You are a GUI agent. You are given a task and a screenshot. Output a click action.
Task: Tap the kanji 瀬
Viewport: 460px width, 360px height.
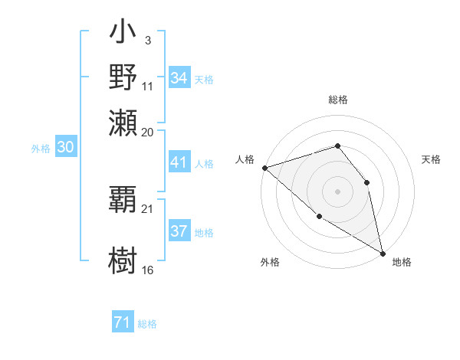pos(123,122)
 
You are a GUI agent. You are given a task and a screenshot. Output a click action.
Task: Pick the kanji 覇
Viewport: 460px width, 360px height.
pos(123,202)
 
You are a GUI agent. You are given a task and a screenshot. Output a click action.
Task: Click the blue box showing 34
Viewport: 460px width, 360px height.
pos(179,78)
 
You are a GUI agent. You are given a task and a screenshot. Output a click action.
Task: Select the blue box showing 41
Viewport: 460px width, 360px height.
pos(179,163)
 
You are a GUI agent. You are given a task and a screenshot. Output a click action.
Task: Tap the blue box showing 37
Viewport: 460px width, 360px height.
pos(179,232)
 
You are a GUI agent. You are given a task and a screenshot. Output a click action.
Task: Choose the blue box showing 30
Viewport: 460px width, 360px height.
pos(65,149)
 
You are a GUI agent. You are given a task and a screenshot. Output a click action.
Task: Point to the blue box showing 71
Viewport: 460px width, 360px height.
pos(122,323)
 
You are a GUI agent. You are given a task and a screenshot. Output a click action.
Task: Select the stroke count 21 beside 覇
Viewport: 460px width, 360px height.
pos(148,208)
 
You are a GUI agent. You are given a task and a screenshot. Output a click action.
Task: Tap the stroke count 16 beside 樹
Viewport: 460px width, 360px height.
pos(148,270)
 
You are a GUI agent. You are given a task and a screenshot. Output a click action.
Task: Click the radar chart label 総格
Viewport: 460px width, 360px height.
pos(337,100)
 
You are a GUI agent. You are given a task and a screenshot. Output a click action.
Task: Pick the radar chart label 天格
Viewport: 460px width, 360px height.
pos(431,159)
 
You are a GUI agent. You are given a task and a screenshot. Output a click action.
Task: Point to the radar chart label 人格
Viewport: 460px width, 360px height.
pos(245,159)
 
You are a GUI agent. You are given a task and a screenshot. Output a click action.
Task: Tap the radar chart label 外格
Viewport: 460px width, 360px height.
pos(270,262)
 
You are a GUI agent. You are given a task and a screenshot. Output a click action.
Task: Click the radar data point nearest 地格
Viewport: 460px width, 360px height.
pos(383,252)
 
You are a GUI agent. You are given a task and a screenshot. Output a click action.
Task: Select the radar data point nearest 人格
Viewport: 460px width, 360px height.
pos(264,167)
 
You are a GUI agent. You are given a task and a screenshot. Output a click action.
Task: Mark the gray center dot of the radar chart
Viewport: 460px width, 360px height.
pos(337,191)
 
